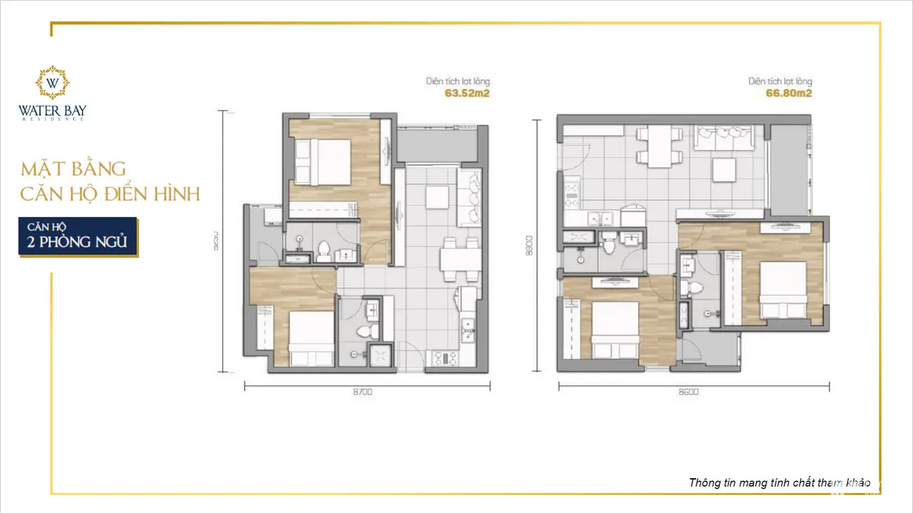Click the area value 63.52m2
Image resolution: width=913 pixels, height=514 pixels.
[x=466, y=92]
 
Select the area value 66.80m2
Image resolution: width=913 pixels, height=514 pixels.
[x=789, y=92]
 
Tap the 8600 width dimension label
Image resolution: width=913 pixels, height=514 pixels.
[x=688, y=392]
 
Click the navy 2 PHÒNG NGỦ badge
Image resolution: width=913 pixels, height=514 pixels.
[x=77, y=237]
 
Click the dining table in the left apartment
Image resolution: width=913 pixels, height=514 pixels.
[x=459, y=260]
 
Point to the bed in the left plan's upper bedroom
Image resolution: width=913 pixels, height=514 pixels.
[x=323, y=162]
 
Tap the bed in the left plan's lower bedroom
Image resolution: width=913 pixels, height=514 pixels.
[x=312, y=338]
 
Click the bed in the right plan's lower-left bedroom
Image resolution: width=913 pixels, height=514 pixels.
[x=615, y=329]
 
